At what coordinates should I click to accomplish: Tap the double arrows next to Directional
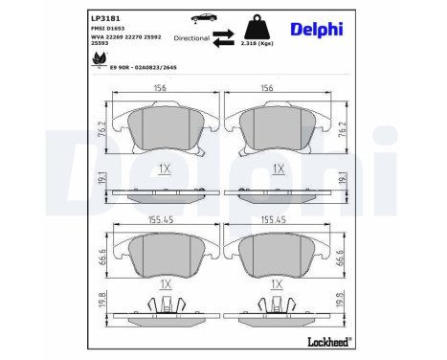pyautogui.click(x=224, y=38)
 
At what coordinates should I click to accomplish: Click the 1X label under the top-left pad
pyautogui.click(x=165, y=168)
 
